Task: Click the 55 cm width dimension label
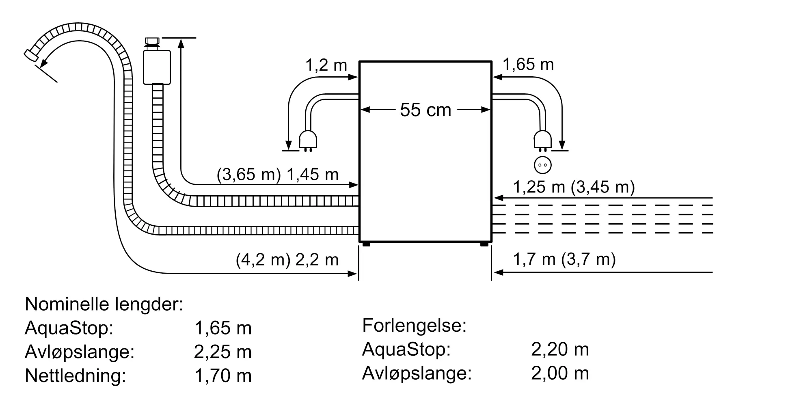(x=425, y=110)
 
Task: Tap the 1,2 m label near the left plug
(x=326, y=65)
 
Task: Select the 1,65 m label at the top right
(x=528, y=65)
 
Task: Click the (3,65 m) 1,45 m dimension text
(x=278, y=175)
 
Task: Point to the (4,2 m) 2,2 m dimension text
(x=287, y=260)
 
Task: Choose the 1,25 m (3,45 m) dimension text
(x=574, y=187)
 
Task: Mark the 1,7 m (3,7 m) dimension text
(x=564, y=259)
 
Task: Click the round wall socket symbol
(x=542, y=165)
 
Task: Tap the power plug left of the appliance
(x=307, y=140)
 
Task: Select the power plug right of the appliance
(x=542, y=140)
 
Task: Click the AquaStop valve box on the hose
(x=157, y=67)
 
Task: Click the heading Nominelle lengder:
(x=104, y=304)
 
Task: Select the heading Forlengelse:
(x=414, y=325)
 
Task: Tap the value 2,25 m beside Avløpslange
(x=222, y=352)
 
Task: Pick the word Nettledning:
(x=76, y=376)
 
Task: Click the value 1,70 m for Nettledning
(x=223, y=376)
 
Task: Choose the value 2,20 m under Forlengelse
(x=560, y=349)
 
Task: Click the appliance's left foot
(x=366, y=244)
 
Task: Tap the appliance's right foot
(x=484, y=244)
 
